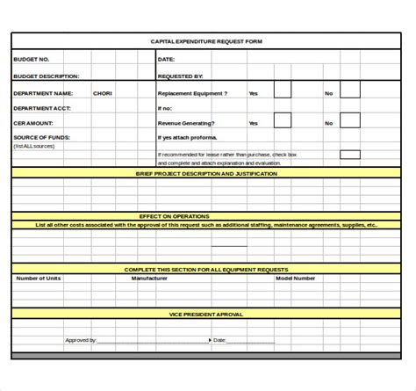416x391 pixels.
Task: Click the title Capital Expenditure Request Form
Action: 207,41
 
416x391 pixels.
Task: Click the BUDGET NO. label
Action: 31,59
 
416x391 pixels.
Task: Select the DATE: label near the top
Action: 167,59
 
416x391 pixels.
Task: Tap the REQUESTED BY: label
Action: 180,76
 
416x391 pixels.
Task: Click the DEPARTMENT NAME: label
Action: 43,92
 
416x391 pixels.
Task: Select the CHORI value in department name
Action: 103,92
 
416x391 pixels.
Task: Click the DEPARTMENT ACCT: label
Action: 42,108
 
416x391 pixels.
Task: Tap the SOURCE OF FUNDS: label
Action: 42,138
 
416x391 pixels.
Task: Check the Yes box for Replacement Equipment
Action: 282,91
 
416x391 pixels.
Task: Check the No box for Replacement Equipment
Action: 349,91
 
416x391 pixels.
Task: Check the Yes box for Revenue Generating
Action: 282,122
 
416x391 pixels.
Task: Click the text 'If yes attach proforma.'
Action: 189,138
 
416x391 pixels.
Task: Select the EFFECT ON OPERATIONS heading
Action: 175,215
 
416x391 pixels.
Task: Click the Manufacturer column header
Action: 149,278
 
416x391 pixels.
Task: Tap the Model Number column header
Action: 296,278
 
